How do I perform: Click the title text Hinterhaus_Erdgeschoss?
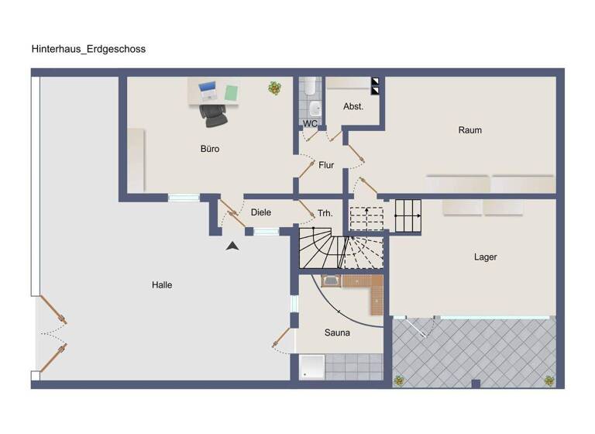point(88,49)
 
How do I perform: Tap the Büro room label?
point(209,149)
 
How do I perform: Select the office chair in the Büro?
point(213,114)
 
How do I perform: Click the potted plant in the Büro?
point(274,88)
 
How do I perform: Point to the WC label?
point(310,123)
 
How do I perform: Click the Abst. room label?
point(353,106)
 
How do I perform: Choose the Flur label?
point(326,165)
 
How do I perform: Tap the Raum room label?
point(469,130)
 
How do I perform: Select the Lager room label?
point(485,257)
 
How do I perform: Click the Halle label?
point(162,285)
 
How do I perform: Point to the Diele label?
point(260,212)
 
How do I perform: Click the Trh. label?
point(325,212)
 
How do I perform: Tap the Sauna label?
point(337,332)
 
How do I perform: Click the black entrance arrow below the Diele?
point(232,246)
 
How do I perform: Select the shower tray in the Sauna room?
point(312,367)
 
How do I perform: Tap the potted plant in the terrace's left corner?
point(399,381)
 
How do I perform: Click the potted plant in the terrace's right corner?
point(549,381)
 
